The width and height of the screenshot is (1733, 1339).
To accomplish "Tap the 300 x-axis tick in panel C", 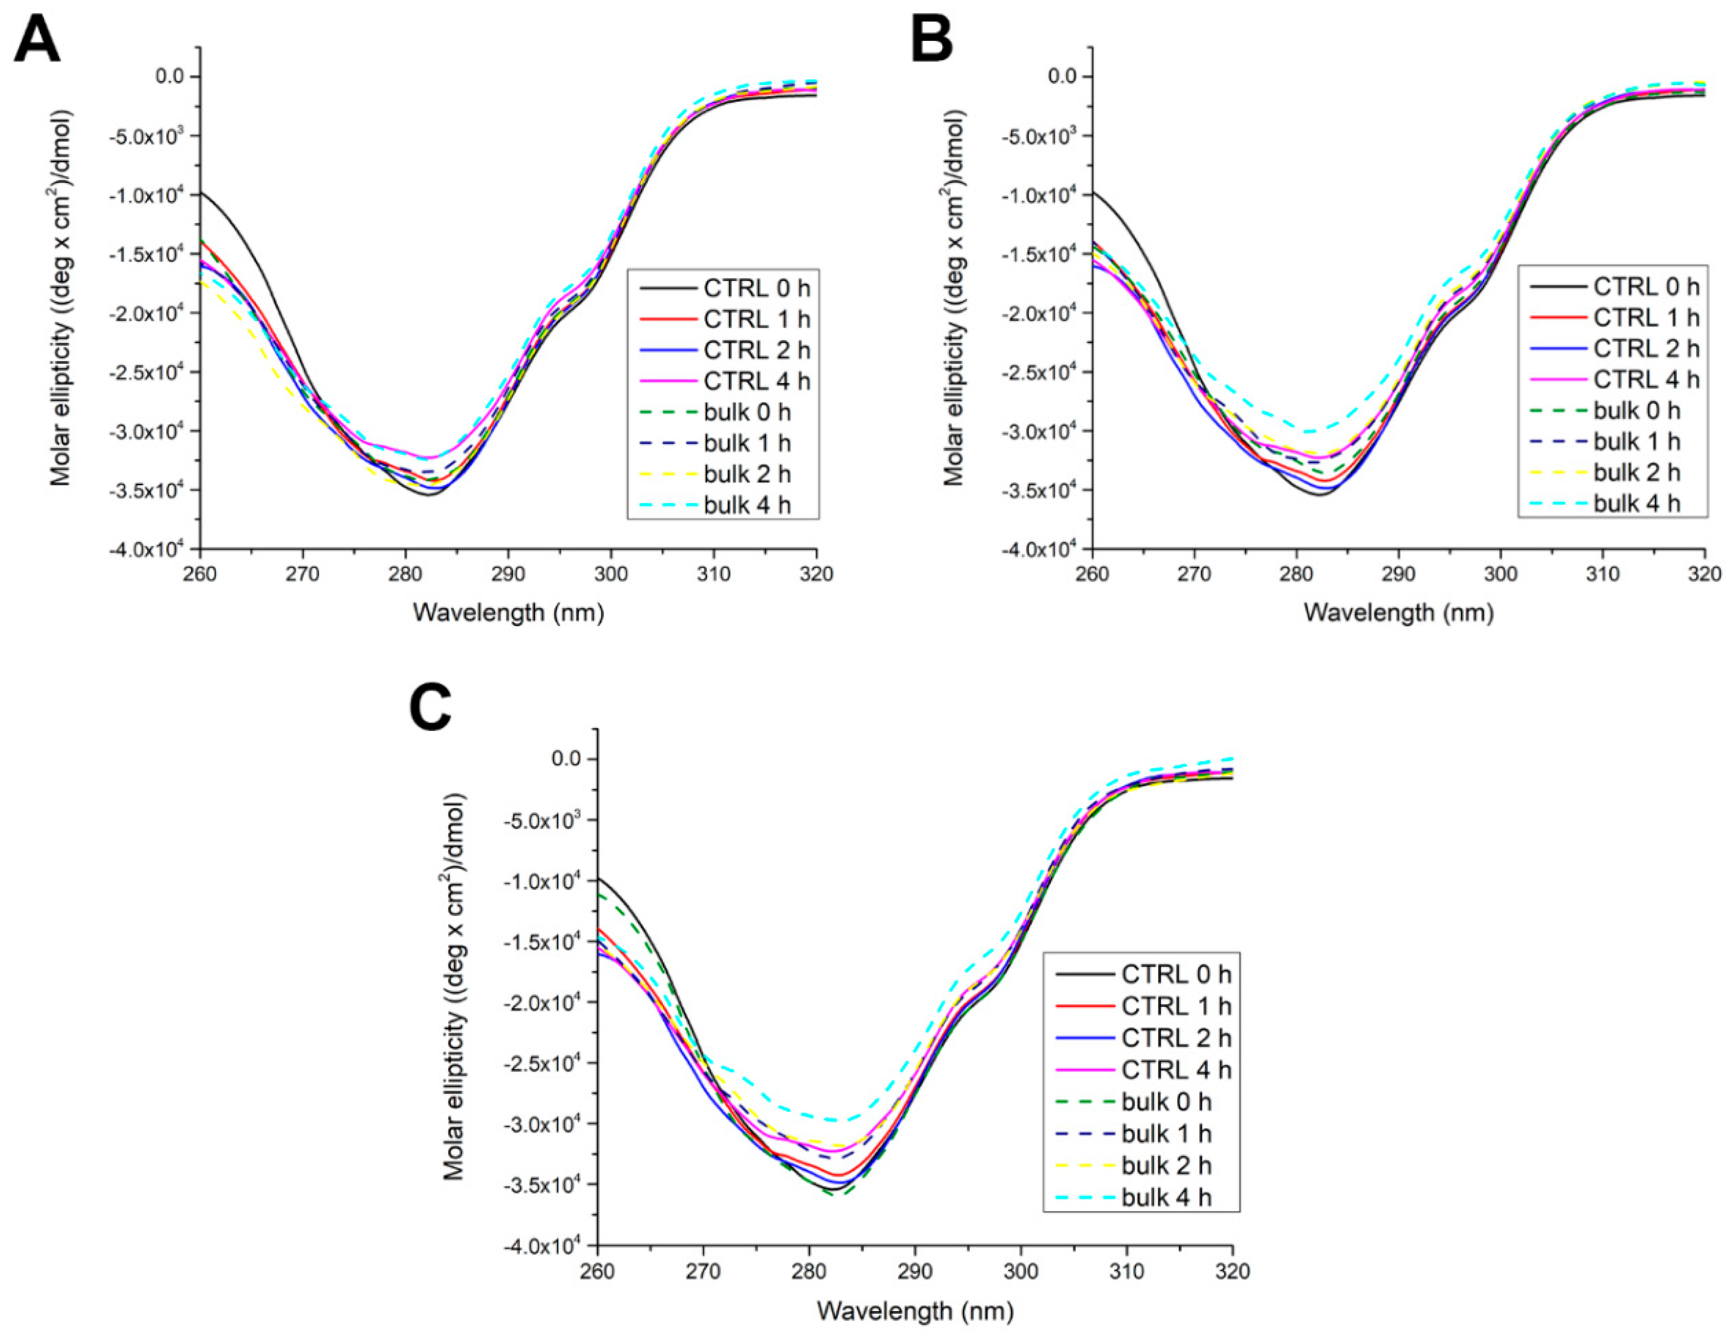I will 1020,1272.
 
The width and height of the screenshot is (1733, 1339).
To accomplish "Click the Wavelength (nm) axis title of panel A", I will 508,613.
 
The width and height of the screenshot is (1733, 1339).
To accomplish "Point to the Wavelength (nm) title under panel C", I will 915,1311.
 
